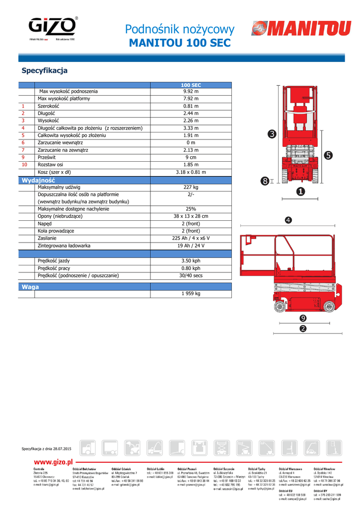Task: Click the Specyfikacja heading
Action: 44,70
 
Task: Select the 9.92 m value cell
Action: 191,91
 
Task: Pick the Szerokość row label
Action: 48,106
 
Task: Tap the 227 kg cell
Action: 191,187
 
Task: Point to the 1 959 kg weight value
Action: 191,294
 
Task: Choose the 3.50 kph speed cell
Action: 191,260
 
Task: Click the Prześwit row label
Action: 47,157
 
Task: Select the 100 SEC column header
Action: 191,85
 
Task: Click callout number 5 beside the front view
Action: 328,155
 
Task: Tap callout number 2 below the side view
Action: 302,328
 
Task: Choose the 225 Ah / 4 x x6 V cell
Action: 191,238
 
